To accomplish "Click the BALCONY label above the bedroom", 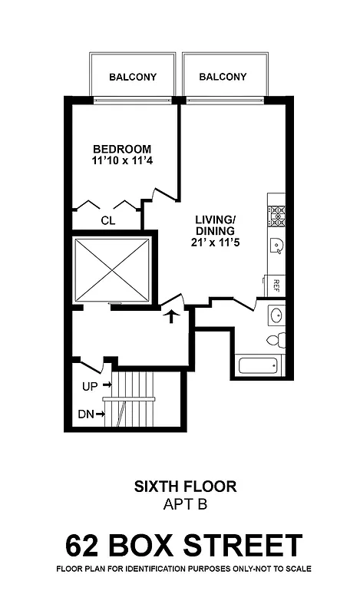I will (133, 77).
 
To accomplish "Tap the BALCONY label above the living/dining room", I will (223, 77).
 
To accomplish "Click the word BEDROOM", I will (122, 149).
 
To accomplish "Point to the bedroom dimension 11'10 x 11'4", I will (122, 162).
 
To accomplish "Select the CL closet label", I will (108, 220).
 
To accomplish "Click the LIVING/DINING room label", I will (215, 225).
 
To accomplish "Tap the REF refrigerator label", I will (276, 285).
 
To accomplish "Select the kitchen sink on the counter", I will (276, 246).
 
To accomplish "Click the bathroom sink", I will (276, 315).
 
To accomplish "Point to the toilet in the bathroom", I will (276, 340).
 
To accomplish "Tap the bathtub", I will (262, 365).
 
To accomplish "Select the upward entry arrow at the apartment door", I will (173, 315).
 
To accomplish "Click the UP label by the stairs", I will (91, 385).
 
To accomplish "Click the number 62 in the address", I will (82, 546).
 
